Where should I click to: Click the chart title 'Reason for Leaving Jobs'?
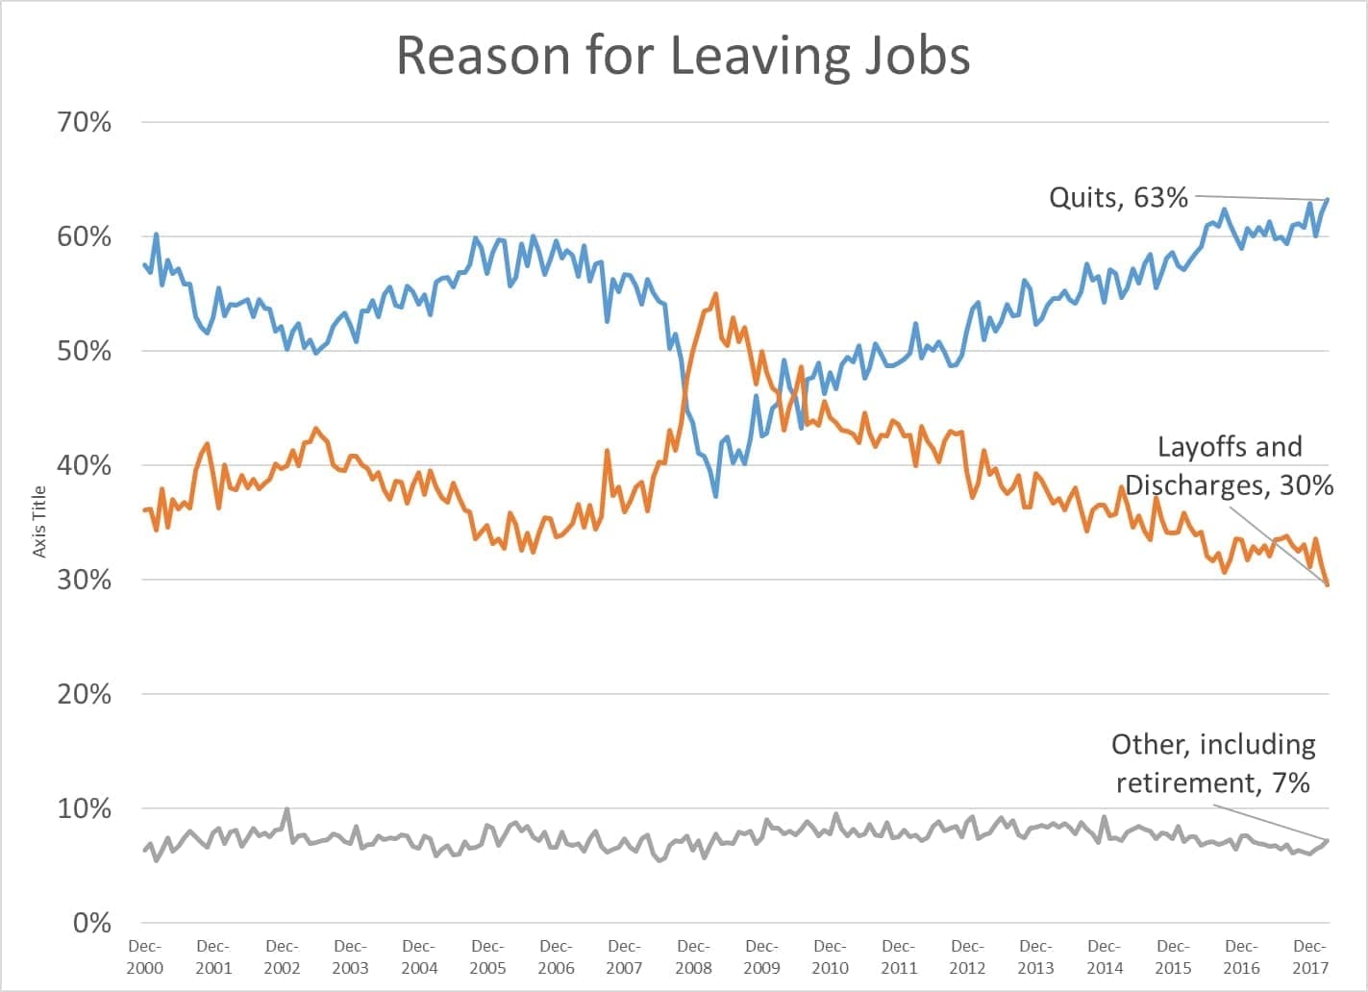[683, 56]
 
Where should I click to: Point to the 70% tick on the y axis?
[85, 122]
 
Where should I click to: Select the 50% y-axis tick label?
[85, 351]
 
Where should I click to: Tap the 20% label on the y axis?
[85, 694]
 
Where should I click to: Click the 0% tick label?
[92, 923]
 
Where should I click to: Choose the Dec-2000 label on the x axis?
[144, 956]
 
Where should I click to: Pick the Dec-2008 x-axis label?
[693, 956]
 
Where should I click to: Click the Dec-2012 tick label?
[967, 956]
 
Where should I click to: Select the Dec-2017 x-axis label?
[1310, 956]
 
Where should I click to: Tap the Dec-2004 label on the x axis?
[419, 956]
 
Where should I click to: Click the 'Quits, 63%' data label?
[1118, 198]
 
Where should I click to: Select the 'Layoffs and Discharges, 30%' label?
[1230, 465]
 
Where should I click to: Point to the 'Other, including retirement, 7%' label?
[1213, 763]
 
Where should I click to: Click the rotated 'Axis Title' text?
[39, 521]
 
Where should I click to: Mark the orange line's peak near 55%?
[715, 294]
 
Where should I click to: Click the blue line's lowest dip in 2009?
[716, 495]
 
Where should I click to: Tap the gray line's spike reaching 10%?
[286, 809]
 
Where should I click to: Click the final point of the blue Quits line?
[1327, 200]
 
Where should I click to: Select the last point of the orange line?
[1328, 583]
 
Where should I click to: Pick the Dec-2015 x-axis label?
[1173, 956]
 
